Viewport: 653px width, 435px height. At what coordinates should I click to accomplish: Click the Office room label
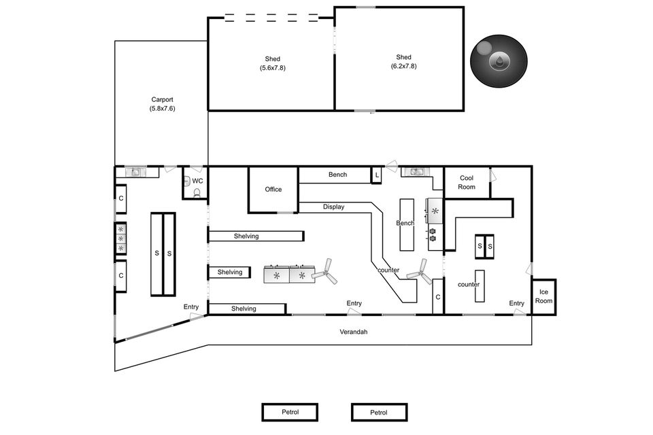[273, 190]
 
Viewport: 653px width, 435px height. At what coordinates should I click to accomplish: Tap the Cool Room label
[467, 182]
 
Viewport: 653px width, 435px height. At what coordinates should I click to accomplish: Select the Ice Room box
[543, 296]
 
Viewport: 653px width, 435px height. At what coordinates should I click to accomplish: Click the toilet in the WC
[197, 192]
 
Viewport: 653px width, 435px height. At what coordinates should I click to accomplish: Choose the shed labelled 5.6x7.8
[271, 64]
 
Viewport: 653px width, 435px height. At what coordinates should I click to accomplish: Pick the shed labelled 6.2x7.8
[399, 58]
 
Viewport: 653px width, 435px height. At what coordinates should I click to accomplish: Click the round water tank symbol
[499, 60]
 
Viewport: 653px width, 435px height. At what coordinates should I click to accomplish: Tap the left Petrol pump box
[290, 412]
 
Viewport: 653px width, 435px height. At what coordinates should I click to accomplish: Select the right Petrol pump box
[379, 412]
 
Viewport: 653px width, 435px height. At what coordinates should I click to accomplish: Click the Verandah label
[354, 332]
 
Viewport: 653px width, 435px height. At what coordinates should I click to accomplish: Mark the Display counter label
[333, 207]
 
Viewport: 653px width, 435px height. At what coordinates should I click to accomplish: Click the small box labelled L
[377, 175]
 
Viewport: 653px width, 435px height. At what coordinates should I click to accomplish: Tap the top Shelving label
[246, 237]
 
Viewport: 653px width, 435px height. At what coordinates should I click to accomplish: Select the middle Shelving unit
[229, 273]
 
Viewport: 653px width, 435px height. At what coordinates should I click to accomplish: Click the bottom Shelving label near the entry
[244, 309]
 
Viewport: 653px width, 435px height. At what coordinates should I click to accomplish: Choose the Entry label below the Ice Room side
[516, 303]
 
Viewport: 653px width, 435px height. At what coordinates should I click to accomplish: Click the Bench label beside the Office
[338, 175]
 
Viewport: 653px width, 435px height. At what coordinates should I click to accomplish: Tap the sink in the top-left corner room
[135, 171]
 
